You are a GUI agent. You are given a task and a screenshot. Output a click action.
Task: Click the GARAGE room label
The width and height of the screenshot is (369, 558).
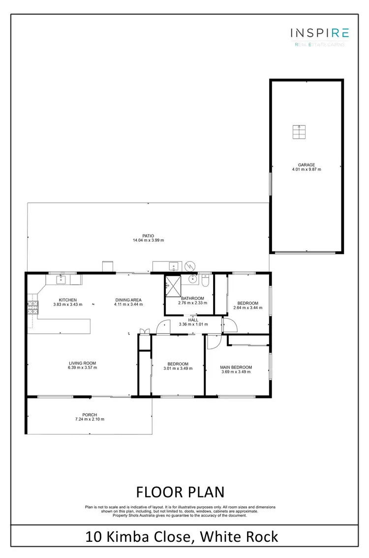point(306,165)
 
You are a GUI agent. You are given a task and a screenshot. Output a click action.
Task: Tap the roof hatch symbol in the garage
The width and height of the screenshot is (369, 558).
point(299,132)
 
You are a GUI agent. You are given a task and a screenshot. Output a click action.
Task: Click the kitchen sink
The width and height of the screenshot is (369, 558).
point(61,280)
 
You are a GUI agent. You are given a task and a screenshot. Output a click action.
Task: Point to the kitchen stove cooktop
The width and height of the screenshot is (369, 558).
point(32,308)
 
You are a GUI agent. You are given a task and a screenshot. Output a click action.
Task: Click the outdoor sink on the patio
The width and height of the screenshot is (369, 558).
point(173,266)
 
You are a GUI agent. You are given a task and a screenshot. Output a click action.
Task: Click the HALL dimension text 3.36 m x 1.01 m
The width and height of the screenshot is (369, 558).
point(193,325)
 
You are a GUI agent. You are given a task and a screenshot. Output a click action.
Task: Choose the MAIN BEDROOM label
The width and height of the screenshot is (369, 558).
point(236,367)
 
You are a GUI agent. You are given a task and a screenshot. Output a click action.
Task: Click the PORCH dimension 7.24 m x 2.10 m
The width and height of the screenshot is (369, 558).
point(90,419)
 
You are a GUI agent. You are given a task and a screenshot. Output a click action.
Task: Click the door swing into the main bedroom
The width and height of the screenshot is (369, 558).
point(212,341)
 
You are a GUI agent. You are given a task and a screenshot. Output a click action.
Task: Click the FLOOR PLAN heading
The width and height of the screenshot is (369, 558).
point(180,492)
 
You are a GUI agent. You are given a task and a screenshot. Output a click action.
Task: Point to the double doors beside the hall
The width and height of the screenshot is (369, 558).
point(144,331)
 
